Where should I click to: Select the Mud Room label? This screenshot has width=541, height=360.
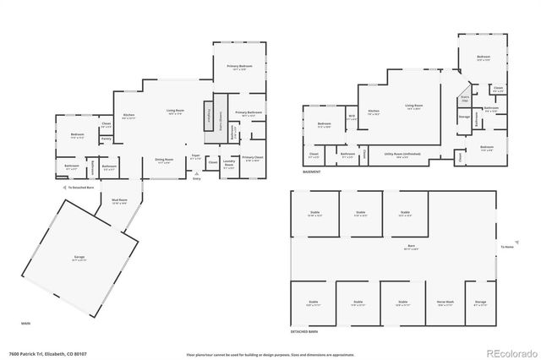click(x=119, y=201)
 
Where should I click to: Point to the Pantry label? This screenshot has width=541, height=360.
click(x=106, y=139)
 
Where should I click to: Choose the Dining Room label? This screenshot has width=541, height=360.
click(x=164, y=161)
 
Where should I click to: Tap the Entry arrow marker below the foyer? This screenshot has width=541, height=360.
click(x=197, y=177)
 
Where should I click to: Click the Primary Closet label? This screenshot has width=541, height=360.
click(x=252, y=158)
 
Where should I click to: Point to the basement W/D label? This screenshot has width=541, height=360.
click(x=352, y=117)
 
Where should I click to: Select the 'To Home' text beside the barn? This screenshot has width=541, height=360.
click(x=507, y=247)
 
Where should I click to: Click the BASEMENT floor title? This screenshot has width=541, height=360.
click(x=311, y=172)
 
